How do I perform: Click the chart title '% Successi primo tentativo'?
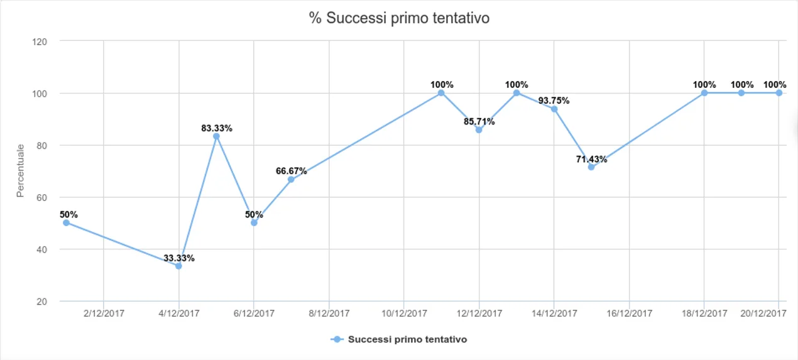(x=399, y=18)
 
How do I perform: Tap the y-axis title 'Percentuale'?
(x=21, y=171)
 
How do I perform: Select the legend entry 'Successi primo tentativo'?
(x=407, y=339)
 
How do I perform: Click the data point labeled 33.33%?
(x=178, y=266)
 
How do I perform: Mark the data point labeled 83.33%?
(x=216, y=136)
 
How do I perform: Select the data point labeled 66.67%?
(x=291, y=180)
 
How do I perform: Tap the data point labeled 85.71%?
(x=479, y=130)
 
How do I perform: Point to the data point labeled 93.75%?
(x=554, y=109)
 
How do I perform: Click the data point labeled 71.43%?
(x=591, y=167)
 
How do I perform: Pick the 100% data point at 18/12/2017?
(x=704, y=93)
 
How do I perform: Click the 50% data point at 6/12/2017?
(x=254, y=222)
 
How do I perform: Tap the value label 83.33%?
(x=216, y=128)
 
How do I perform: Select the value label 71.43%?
(x=591, y=159)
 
